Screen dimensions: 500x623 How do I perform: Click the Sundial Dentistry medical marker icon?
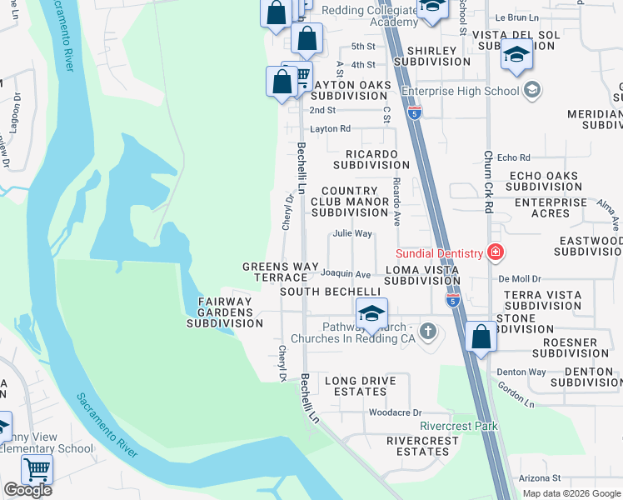(x=496, y=252)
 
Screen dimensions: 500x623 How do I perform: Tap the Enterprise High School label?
(x=461, y=91)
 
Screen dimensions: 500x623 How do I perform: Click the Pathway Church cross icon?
(x=428, y=332)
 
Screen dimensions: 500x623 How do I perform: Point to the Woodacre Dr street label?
(x=396, y=412)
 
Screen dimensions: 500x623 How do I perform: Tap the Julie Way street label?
(x=352, y=234)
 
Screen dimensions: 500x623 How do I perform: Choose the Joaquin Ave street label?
(x=346, y=273)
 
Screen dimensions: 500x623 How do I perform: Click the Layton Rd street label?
(x=331, y=129)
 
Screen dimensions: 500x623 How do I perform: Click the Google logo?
(x=27, y=490)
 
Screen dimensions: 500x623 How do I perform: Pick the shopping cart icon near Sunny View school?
(x=37, y=470)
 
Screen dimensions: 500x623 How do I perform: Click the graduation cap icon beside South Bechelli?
(x=371, y=313)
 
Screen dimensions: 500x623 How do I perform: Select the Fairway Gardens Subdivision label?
(x=230, y=312)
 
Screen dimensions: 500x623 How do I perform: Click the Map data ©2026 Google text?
(x=571, y=493)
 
